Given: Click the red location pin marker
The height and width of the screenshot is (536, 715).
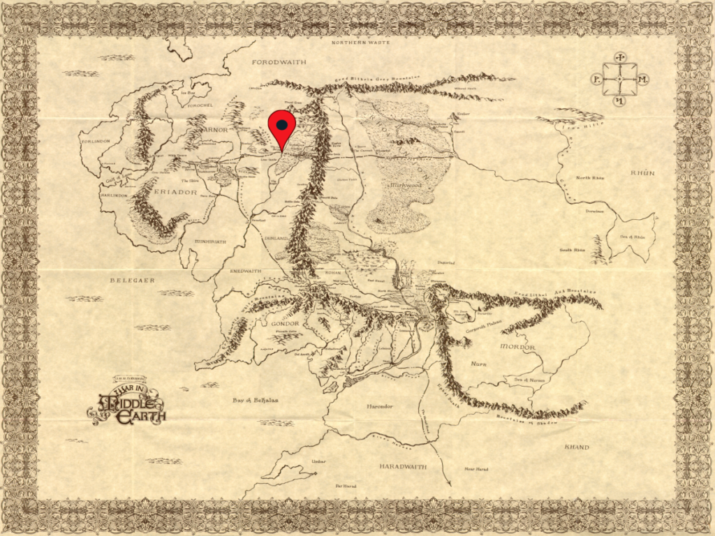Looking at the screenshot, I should (x=282, y=126).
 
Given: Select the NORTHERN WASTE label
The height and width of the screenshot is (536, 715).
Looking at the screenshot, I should (x=358, y=43).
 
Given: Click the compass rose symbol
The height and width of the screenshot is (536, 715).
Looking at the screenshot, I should (x=619, y=80).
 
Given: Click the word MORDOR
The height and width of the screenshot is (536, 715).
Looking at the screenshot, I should (x=518, y=347).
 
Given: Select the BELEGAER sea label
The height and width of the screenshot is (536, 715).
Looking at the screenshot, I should (x=131, y=280).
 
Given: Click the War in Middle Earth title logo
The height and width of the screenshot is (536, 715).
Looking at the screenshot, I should (x=128, y=402).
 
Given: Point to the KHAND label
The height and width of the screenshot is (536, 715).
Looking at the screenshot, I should (x=576, y=447).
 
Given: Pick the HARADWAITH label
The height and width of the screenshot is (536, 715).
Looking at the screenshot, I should (x=403, y=466).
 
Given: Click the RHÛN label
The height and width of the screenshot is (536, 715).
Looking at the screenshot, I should (x=642, y=172).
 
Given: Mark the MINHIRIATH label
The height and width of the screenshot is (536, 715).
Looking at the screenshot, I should (x=209, y=241).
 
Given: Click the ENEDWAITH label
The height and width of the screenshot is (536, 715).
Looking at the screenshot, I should (x=246, y=271).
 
